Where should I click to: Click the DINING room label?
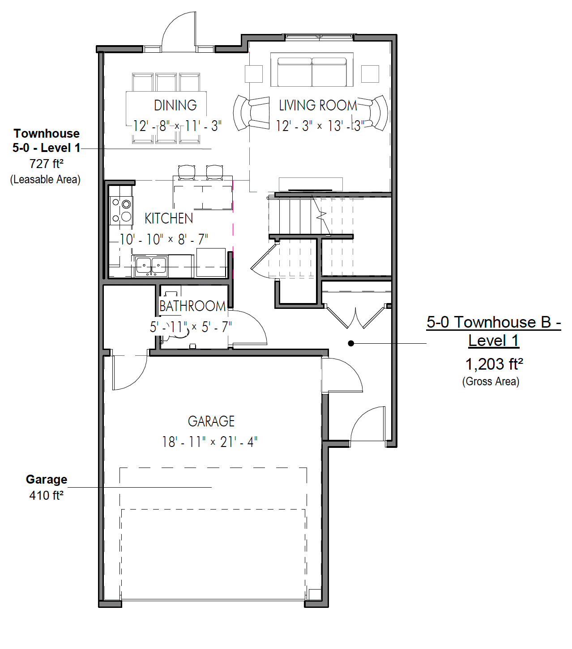(x=175, y=105)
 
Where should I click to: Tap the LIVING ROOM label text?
(x=318, y=105)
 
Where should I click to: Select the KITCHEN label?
(x=169, y=219)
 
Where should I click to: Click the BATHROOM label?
(x=192, y=306)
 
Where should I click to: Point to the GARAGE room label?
(x=211, y=421)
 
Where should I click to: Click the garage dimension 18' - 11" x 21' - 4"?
(x=209, y=442)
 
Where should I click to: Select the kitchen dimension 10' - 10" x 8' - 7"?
(x=164, y=240)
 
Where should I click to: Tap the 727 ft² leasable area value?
(x=46, y=164)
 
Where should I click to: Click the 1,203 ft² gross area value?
(x=494, y=364)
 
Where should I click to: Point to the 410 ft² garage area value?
(x=46, y=495)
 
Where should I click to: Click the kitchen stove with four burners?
(x=121, y=211)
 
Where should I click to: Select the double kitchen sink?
(x=151, y=266)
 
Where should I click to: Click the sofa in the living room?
(x=312, y=72)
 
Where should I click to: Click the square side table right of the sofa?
(x=370, y=74)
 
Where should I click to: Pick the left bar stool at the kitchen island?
(x=187, y=172)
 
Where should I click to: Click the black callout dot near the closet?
(x=351, y=343)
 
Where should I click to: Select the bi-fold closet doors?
(x=356, y=317)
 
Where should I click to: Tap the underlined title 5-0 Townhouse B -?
(x=493, y=322)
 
